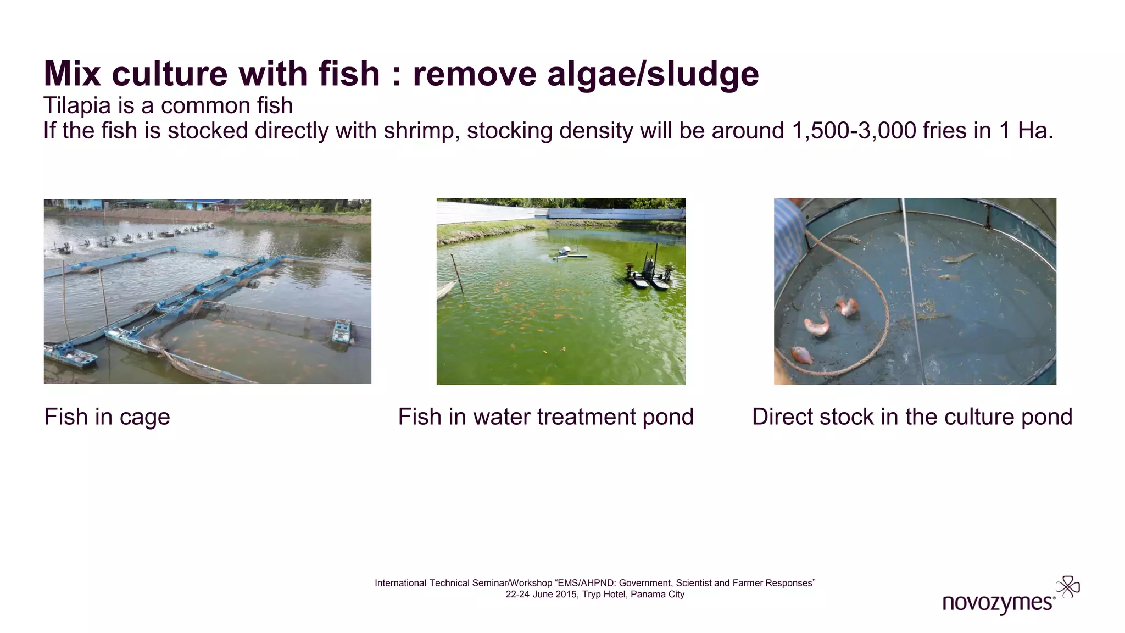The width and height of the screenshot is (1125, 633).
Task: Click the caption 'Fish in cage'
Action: point(107,417)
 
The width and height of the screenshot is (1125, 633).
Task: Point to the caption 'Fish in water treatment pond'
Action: point(545,417)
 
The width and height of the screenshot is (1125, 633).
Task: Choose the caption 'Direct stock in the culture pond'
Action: point(912,417)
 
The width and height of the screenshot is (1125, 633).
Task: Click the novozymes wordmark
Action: point(997,603)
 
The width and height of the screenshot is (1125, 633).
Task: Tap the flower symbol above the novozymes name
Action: point(1068,587)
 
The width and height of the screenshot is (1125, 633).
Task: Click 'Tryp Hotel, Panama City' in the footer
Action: point(633,595)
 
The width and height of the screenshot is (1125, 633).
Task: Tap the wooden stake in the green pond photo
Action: point(457,274)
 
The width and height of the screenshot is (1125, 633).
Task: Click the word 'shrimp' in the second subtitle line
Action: point(418,131)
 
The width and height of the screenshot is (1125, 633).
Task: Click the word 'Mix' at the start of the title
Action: point(72,74)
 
